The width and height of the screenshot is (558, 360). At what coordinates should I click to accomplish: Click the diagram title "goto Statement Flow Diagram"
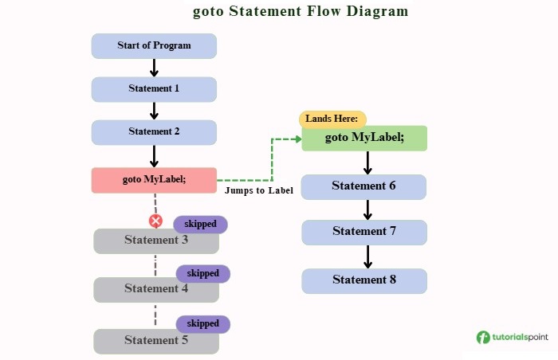[x=301, y=12]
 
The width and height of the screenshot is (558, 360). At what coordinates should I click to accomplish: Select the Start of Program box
[x=154, y=45]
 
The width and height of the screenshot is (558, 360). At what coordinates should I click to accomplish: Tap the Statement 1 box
[x=154, y=88]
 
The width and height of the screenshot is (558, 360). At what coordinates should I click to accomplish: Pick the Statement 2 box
[x=154, y=131]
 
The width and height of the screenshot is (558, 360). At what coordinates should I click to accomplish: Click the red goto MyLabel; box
[x=154, y=180]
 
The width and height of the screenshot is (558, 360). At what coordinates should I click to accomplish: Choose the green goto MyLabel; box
[x=364, y=139]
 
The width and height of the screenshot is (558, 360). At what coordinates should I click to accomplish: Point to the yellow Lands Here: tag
[x=332, y=119]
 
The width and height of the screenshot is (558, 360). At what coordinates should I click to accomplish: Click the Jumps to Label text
[x=259, y=191]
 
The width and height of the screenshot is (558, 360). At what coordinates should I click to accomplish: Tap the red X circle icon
[x=155, y=221]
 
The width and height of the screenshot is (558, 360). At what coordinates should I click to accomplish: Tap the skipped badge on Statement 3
[x=200, y=224]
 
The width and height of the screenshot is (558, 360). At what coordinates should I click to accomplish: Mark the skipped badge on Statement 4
[x=202, y=273]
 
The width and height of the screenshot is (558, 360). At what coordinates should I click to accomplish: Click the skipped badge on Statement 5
[x=202, y=323]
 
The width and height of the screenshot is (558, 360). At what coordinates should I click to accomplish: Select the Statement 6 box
[x=364, y=186]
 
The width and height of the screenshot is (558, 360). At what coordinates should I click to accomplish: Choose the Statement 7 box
[x=364, y=232]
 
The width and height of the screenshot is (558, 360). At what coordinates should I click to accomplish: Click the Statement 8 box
[x=364, y=280]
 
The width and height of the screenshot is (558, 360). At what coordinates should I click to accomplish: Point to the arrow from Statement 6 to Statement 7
[x=367, y=209]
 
